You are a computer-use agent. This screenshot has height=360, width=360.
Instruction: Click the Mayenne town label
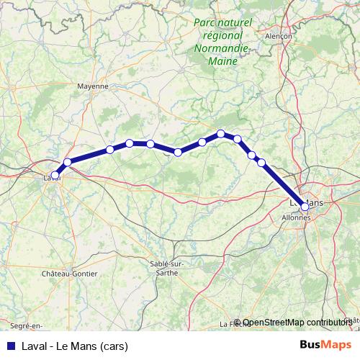92,85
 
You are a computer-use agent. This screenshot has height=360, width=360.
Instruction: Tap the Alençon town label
277,35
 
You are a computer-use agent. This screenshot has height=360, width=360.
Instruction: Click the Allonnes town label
295,216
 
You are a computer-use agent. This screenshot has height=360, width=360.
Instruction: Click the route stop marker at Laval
55,174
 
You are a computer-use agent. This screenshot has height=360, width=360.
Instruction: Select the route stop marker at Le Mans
305,207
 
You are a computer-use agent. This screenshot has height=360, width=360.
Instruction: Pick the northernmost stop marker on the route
221,133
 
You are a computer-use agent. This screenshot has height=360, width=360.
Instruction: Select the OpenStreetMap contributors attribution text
297,323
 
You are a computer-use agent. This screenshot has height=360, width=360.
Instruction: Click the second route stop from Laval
68,162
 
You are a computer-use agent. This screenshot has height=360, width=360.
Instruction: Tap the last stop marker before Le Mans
261,162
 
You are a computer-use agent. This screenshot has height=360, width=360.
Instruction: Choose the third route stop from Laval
110,150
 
